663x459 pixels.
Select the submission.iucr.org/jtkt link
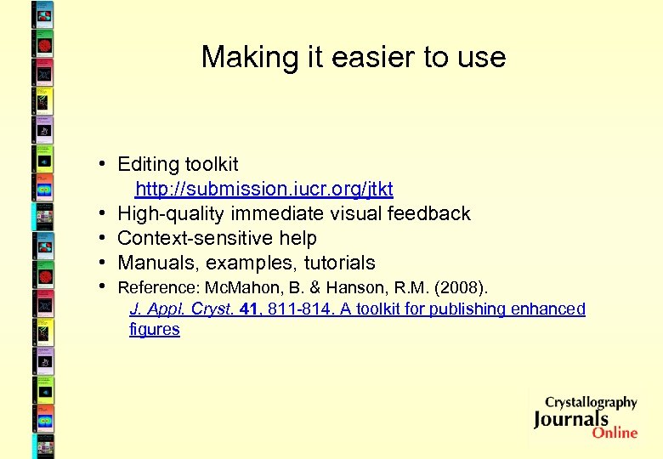[264, 188]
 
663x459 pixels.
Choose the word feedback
[429, 213]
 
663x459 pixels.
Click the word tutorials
[337, 263]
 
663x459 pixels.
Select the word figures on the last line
[155, 330]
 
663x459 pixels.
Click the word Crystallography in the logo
[591, 402]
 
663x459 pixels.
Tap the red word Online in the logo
[615, 433]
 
